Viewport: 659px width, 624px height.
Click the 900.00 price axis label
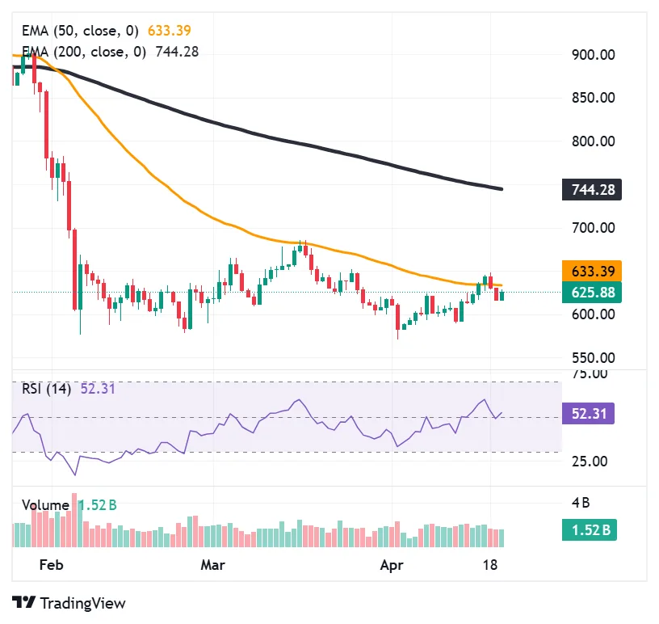(594, 55)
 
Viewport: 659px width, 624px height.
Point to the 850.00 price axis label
(594, 98)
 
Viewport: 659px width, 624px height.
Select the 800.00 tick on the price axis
(594, 141)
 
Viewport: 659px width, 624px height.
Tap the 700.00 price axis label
(594, 228)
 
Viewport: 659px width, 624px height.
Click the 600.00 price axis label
(594, 314)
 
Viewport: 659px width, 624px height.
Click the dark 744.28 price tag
(593, 191)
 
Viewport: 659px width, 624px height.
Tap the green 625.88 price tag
(593, 292)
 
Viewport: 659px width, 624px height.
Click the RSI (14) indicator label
(47, 389)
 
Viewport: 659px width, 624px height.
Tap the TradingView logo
(69, 603)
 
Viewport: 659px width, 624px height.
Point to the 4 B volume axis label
(581, 502)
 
